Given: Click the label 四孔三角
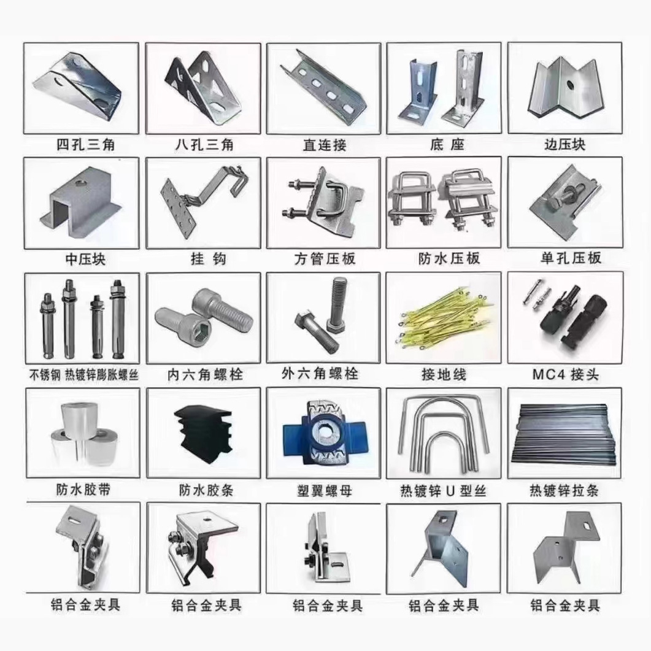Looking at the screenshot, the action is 85,144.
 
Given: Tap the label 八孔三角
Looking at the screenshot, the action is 204,144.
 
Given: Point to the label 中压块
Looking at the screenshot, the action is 85,259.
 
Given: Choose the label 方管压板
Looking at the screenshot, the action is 325,259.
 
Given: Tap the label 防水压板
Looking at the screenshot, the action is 449,258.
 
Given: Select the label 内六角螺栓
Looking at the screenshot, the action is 205,375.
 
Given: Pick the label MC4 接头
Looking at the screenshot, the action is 565,374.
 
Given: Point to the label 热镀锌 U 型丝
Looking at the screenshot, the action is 443,491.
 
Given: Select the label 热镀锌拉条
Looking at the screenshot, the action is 564,491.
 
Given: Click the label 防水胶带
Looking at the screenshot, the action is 83,490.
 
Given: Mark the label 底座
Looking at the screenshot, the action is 447,144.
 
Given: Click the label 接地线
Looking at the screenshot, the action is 444,374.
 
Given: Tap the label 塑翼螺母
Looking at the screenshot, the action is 324,491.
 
